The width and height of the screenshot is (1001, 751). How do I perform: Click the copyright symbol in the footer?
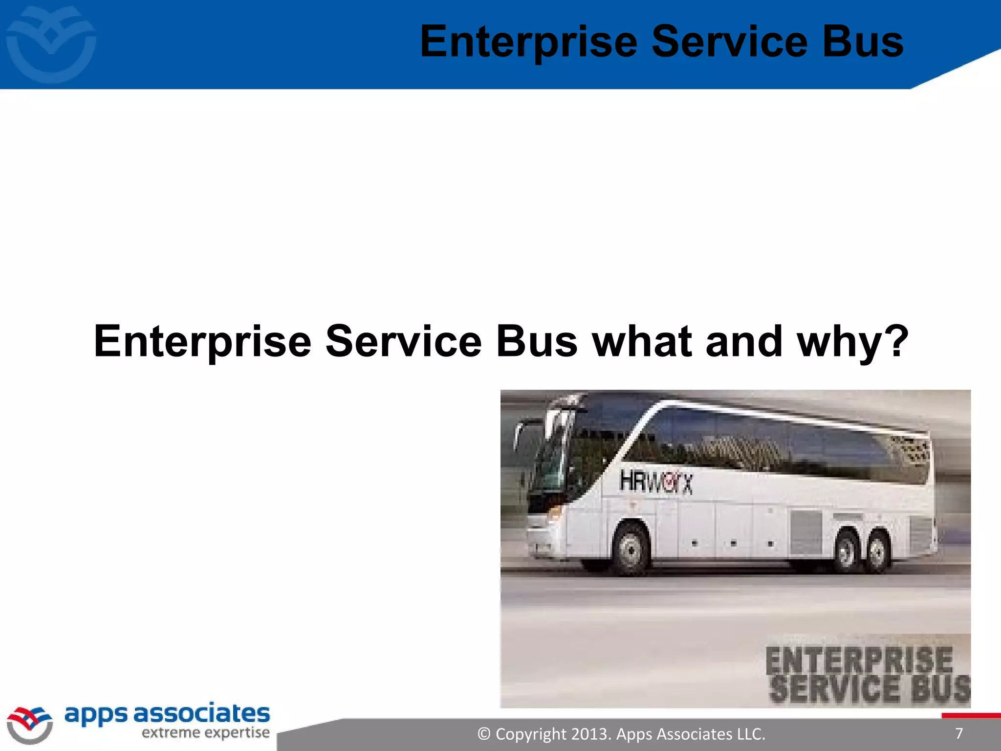point(484,734)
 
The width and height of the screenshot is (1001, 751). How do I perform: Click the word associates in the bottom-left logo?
point(201,714)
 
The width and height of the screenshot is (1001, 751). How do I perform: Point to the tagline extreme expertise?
point(205,733)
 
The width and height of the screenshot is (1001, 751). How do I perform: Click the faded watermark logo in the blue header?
point(51,44)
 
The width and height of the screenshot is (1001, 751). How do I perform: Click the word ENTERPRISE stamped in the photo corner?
point(859,660)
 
